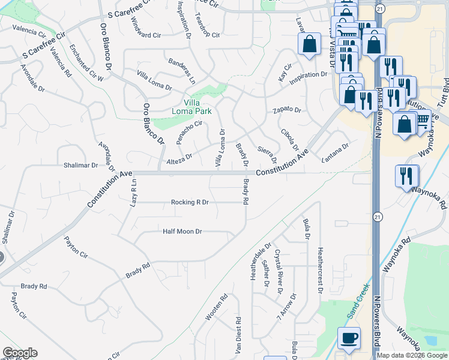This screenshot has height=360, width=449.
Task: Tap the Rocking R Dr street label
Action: [x=189, y=202]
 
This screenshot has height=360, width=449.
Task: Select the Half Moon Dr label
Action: [x=182, y=231]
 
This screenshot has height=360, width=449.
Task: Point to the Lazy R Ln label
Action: [x=134, y=193]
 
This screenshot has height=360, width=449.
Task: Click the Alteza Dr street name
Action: [x=179, y=158]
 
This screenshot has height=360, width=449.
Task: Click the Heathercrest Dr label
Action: [x=321, y=271]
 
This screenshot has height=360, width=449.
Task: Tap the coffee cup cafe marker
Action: [x=349, y=338]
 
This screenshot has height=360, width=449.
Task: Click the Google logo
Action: [x=20, y=353]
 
